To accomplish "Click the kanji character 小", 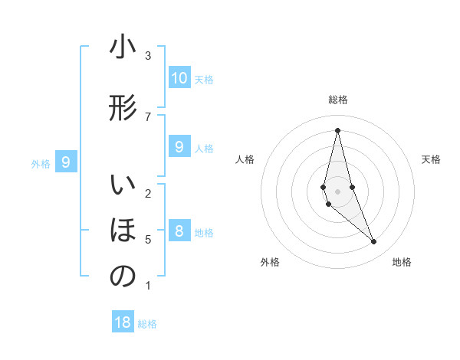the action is [x=123, y=47].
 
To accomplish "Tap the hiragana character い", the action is [x=123, y=186].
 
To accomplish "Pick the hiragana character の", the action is [x=123, y=277].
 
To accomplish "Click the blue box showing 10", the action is [x=179, y=78].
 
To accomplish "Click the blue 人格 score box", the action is [x=179, y=147].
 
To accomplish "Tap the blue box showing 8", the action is [x=179, y=231].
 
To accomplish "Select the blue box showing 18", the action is [x=123, y=322].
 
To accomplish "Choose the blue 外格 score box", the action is [x=66, y=162].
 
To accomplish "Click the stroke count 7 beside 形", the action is [x=148, y=116].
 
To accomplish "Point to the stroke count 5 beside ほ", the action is [x=148, y=240].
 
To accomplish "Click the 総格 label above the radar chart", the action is [x=337, y=100].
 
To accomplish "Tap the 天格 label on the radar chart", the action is [x=432, y=159].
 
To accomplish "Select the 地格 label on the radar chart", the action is [x=402, y=262].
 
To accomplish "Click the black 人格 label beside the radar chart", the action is [x=245, y=159].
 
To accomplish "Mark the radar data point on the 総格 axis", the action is [x=337, y=130].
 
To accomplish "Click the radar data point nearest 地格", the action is [x=374, y=242].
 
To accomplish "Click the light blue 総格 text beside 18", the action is [x=147, y=323].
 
